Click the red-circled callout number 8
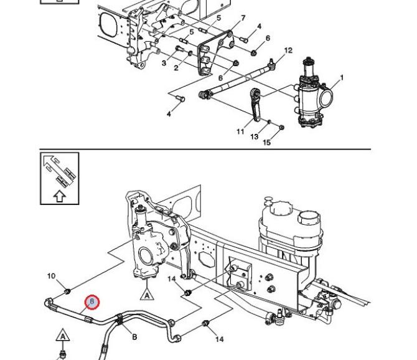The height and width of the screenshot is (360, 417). [91, 302]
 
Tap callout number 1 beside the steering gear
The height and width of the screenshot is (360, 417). [342, 78]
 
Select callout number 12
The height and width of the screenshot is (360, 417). [288, 50]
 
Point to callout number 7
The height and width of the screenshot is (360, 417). [243, 18]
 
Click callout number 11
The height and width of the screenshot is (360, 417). [240, 131]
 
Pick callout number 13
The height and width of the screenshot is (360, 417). [254, 137]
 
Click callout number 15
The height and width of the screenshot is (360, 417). [267, 143]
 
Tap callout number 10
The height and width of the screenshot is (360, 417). [51, 276]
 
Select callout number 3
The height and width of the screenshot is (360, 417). [164, 63]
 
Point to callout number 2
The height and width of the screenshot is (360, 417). [176, 68]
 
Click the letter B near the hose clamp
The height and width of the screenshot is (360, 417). [134, 337]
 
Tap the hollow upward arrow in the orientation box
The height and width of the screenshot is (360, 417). [60, 196]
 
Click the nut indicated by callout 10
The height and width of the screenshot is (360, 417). [67, 291]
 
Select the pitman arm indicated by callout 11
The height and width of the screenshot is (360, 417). [256, 105]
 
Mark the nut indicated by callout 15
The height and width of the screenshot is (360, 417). [282, 128]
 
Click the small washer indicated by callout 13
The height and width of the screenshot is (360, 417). [269, 121]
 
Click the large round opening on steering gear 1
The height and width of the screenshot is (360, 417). [327, 97]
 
